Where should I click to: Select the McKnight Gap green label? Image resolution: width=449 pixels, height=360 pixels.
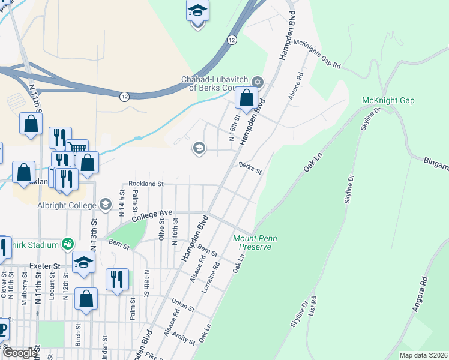pyautogui.click(x=388, y=100)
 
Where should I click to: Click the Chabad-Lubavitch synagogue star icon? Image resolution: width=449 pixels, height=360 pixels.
pyautogui.click(x=258, y=82)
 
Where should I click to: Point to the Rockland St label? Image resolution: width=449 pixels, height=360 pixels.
pyautogui.click(x=146, y=184)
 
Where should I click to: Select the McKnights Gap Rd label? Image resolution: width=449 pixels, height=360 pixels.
pyautogui.click(x=317, y=53)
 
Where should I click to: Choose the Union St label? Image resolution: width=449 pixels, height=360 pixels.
pyautogui.click(x=183, y=304)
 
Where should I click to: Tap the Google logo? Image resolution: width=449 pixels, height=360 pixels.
pyautogui.click(x=20, y=353)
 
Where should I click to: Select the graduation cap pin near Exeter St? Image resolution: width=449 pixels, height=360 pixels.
pyautogui.click(x=83, y=263)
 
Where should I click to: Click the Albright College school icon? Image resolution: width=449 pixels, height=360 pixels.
pyautogui.click(x=106, y=205)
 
